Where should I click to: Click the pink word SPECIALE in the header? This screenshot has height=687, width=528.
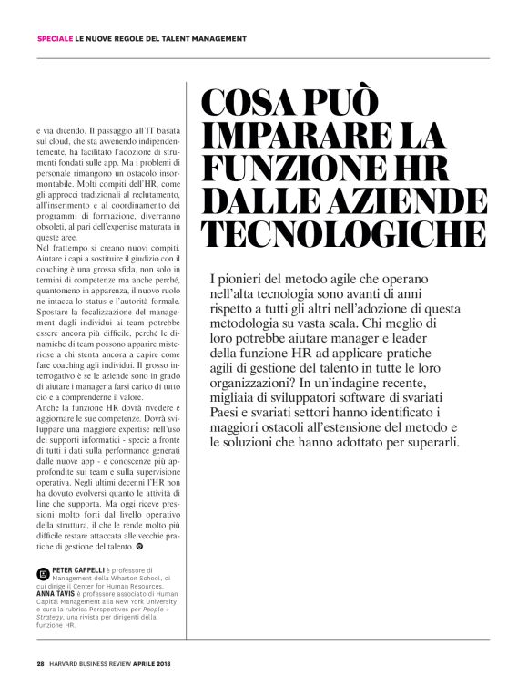pos(55,38)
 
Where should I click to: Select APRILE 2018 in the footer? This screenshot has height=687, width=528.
pos(164,663)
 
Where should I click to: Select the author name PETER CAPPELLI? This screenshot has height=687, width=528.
pos(81,569)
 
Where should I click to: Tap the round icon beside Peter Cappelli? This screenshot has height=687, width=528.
pos(44,574)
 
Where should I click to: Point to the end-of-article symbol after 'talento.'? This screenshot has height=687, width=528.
pos(139,550)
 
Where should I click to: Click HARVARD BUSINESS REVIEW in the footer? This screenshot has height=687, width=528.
pos(95,663)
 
